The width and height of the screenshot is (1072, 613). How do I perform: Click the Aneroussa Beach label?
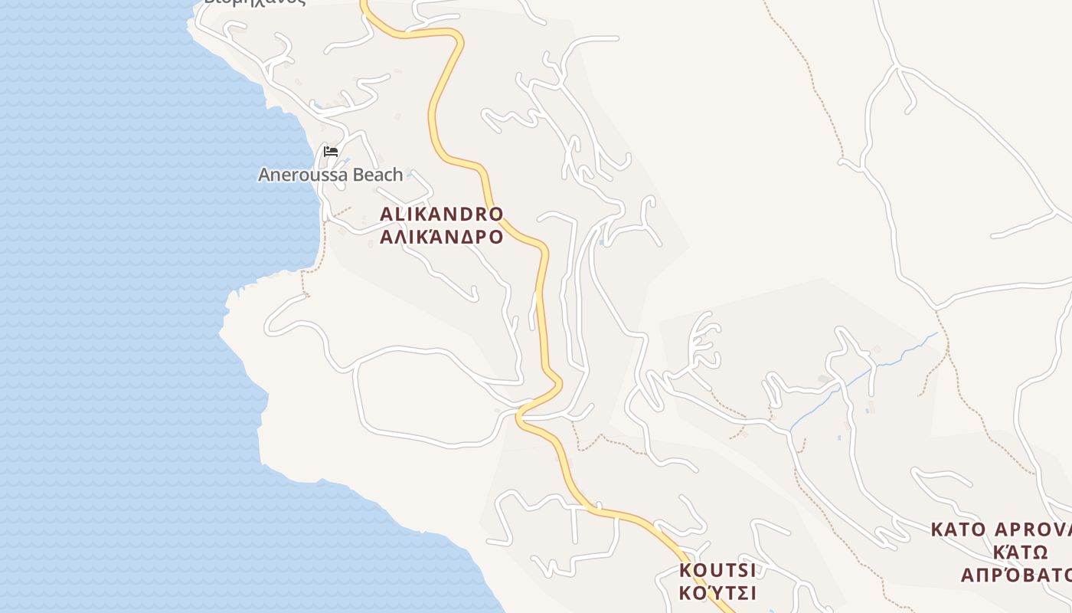[x=330, y=175]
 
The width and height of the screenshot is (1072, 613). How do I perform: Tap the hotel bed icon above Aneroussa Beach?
[x=331, y=151]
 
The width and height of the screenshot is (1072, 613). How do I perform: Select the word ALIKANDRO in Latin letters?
[x=442, y=214]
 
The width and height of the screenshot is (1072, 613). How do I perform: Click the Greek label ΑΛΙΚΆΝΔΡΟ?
[x=442, y=236]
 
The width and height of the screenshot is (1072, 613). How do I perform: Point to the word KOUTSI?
[x=717, y=570]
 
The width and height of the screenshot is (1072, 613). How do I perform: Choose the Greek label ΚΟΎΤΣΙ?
[x=717, y=593]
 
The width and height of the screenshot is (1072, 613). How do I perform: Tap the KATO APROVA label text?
[x=1000, y=529]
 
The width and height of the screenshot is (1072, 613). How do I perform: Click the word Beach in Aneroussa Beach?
[x=377, y=175]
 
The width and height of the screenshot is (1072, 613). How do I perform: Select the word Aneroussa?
[x=302, y=175]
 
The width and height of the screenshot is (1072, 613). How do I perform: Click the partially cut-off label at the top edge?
[x=255, y=2]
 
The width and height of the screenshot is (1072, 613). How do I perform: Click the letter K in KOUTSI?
[x=685, y=570]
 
